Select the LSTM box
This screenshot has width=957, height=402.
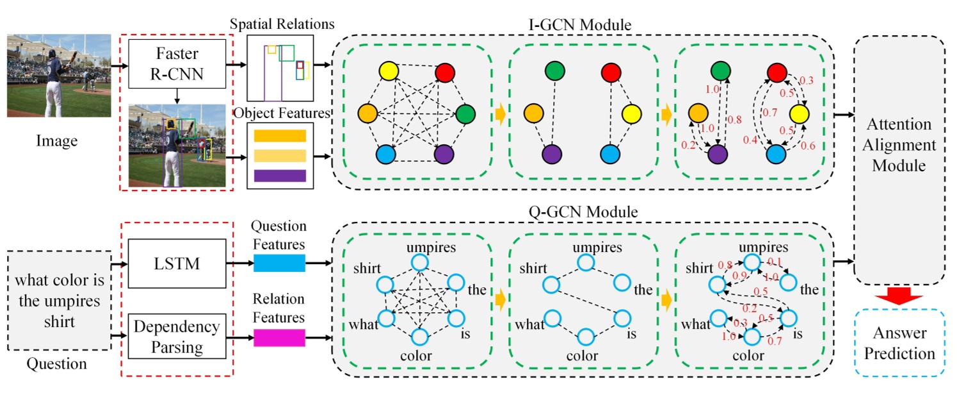click(176, 264)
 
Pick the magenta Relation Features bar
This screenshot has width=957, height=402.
click(279, 337)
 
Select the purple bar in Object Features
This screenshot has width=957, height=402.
click(280, 175)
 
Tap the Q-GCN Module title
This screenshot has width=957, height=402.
click(580, 211)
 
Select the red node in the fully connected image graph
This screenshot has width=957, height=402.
click(446, 73)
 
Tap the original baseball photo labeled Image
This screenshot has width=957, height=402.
click(59, 76)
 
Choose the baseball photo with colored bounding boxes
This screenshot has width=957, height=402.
click(177, 146)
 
